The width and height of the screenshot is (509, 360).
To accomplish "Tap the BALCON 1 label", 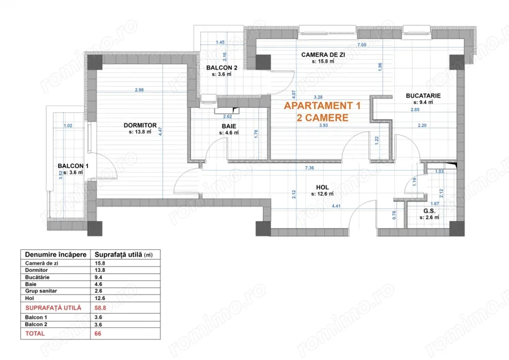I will (73, 166).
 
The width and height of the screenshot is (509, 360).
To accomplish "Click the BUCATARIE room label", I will (423, 95).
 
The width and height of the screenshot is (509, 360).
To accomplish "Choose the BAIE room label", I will (229, 126).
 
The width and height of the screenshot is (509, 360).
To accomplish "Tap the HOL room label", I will (323, 187).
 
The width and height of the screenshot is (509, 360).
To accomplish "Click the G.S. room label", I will (429, 210).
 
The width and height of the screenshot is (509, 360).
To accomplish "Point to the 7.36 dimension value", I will (309, 167).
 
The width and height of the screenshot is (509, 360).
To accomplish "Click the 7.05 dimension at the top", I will (362, 45).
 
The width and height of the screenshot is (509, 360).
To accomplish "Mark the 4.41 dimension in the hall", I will (336, 206).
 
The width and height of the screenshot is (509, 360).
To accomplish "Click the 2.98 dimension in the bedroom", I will (139, 90).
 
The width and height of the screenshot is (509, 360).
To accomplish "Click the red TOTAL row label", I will (35, 334).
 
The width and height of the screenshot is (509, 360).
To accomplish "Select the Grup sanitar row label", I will (40, 291).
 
